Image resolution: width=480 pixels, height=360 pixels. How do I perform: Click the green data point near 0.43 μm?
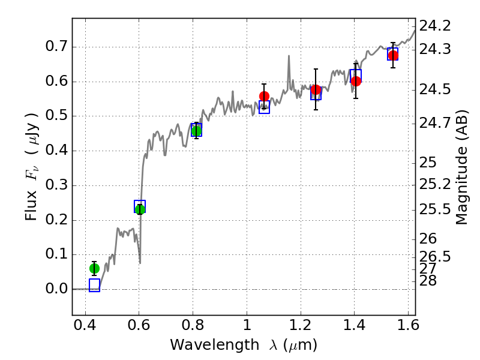[x=94, y=268]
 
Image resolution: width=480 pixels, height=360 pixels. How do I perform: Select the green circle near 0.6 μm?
[x=140, y=209]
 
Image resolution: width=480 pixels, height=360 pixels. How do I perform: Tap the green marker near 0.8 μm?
[x=196, y=131]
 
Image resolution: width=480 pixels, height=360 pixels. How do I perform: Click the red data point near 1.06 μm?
[x=264, y=96]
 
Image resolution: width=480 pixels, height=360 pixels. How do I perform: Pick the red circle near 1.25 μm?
[x=316, y=90]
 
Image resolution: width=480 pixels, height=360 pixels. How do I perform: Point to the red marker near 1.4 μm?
[x=356, y=81]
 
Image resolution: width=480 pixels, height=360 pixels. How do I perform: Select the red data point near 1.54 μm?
[x=393, y=55]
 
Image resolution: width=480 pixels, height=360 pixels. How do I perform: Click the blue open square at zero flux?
[x=94, y=285]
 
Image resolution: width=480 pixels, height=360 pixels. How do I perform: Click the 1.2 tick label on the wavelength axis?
[x=301, y=328]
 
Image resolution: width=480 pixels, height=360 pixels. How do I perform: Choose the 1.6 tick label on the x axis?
[x=408, y=328]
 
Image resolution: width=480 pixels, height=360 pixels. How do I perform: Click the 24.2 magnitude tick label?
[x=435, y=26]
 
